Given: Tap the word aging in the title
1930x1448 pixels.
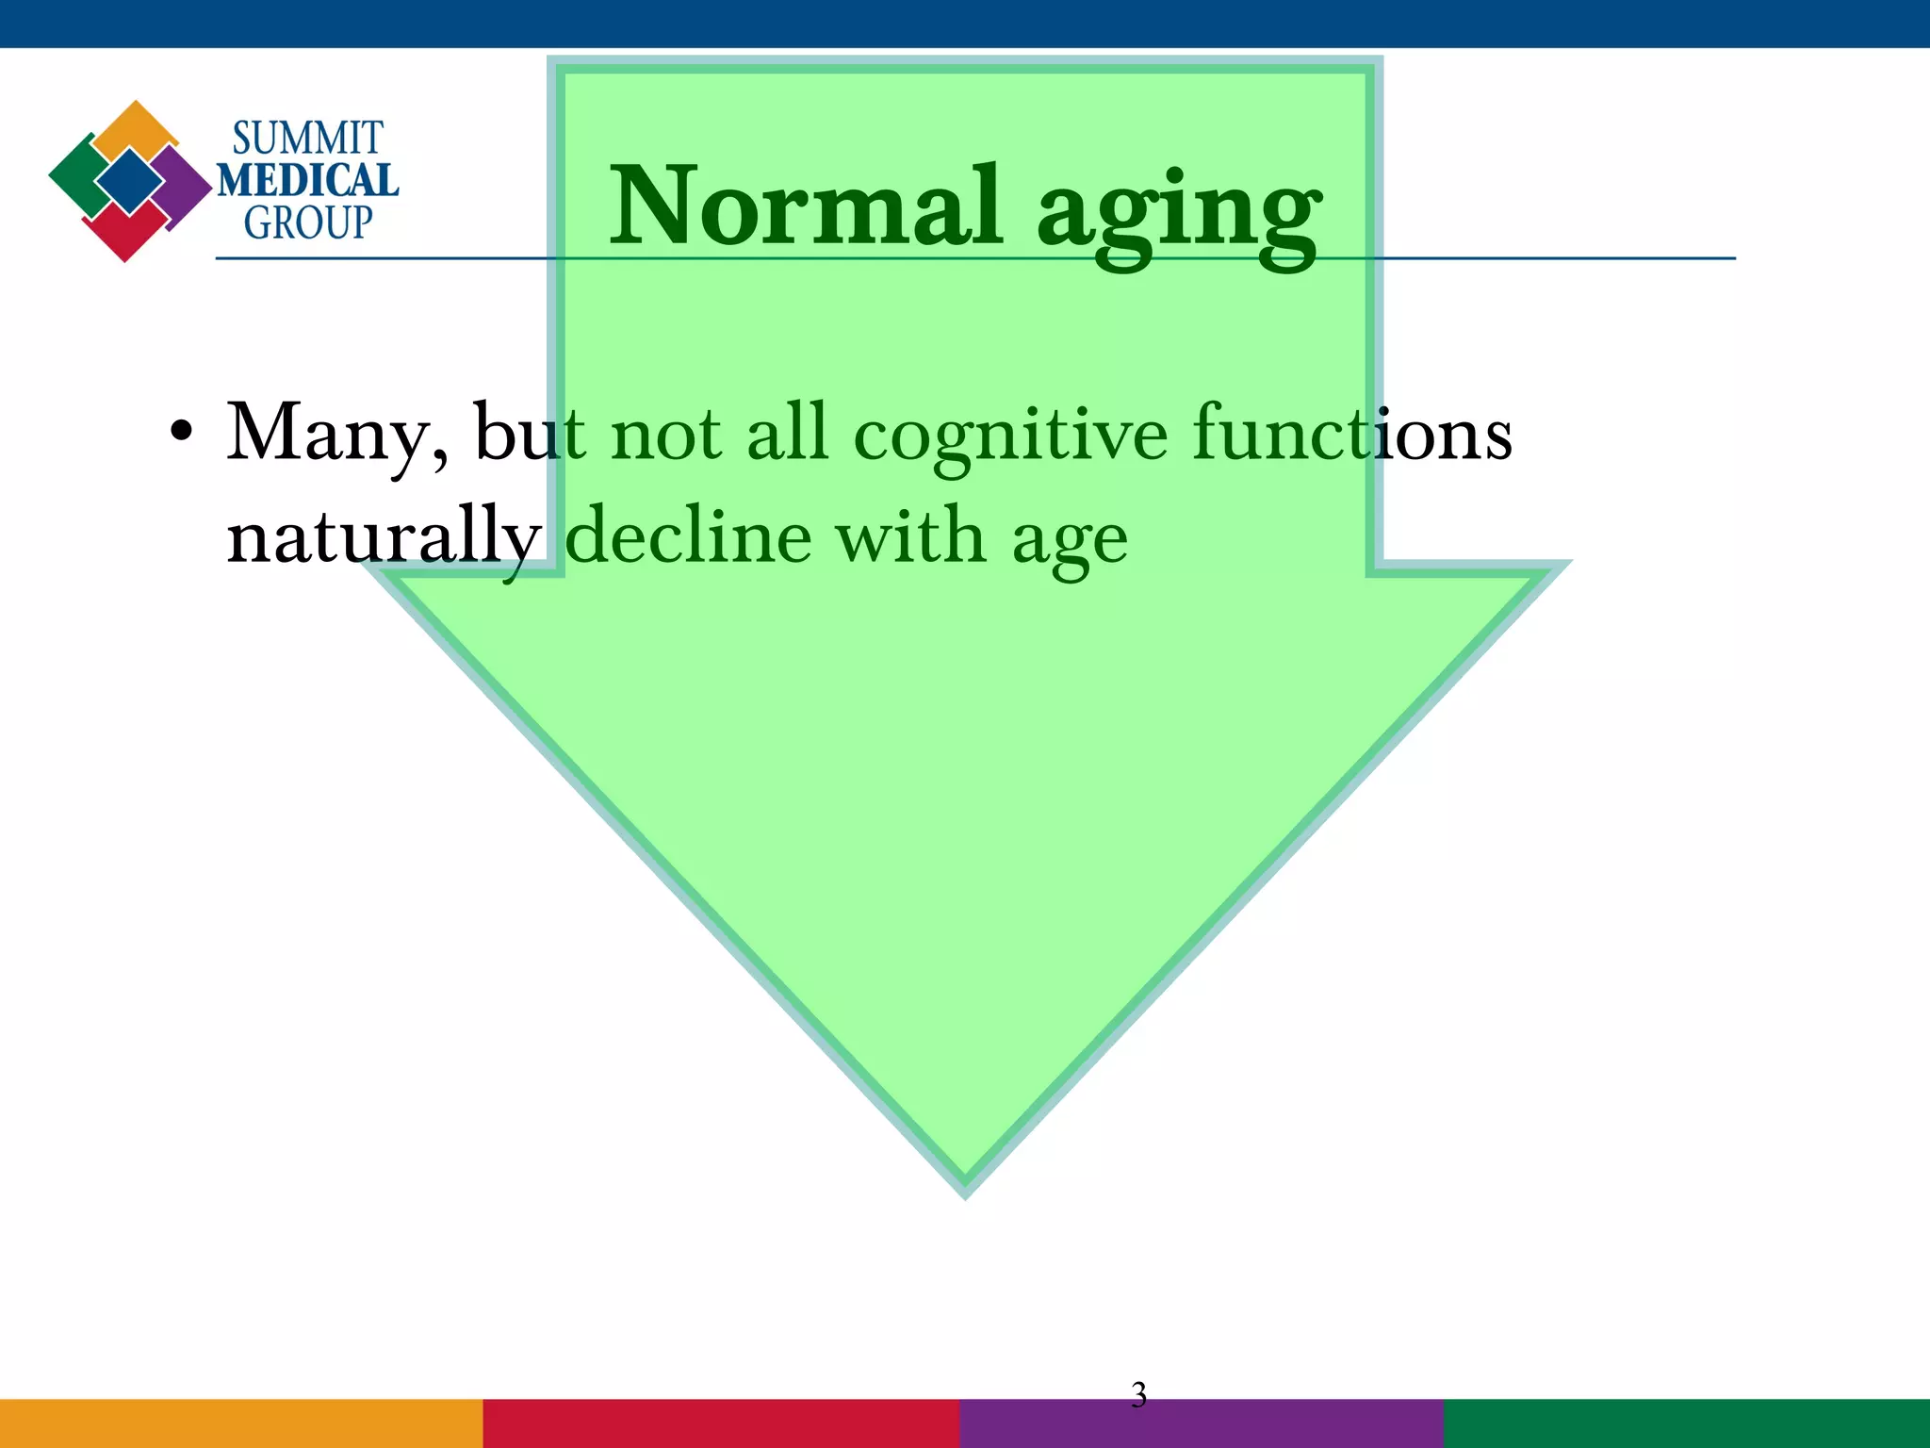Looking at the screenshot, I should pyautogui.click(x=1178, y=212).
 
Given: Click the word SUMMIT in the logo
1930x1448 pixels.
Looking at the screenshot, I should pyautogui.click(x=307, y=139).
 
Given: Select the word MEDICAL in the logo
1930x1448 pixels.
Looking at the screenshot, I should pyautogui.click(x=307, y=180).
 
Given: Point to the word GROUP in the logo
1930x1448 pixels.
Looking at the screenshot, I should pyautogui.click(x=307, y=223).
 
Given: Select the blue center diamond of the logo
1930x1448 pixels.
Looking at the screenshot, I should pyautogui.click(x=129, y=180).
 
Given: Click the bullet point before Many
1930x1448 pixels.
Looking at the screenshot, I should pyautogui.click(x=182, y=433).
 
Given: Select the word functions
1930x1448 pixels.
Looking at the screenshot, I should pyautogui.click(x=1351, y=434).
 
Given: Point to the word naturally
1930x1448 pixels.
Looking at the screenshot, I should pyautogui.click(x=383, y=537).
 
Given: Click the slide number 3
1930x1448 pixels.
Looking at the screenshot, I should pyautogui.click(x=1138, y=1394).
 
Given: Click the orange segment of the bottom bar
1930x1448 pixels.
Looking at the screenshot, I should pyautogui.click(x=241, y=1423).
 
